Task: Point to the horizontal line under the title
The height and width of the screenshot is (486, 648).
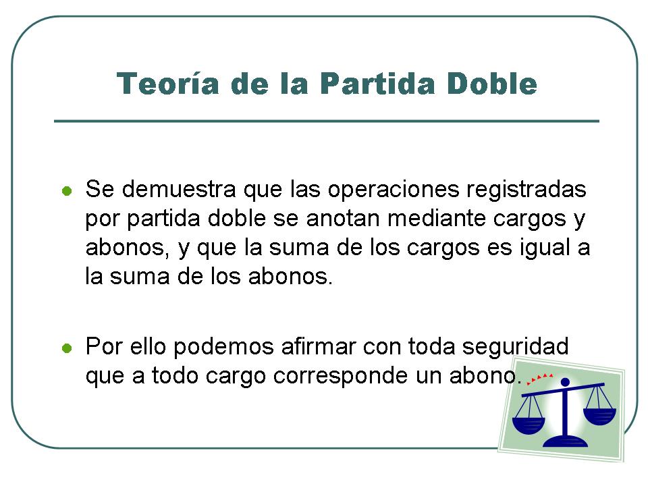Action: pyautogui.click(x=327, y=122)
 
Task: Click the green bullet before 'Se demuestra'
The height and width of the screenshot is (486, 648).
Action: pyautogui.click(x=66, y=191)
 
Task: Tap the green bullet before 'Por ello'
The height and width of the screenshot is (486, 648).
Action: pyautogui.click(x=66, y=350)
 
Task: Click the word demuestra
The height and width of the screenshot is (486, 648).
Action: pyautogui.click(x=180, y=190)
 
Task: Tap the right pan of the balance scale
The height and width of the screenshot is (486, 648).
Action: pyautogui.click(x=599, y=412)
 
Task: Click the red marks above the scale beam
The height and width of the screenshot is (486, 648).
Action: pyautogui.click(x=540, y=377)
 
